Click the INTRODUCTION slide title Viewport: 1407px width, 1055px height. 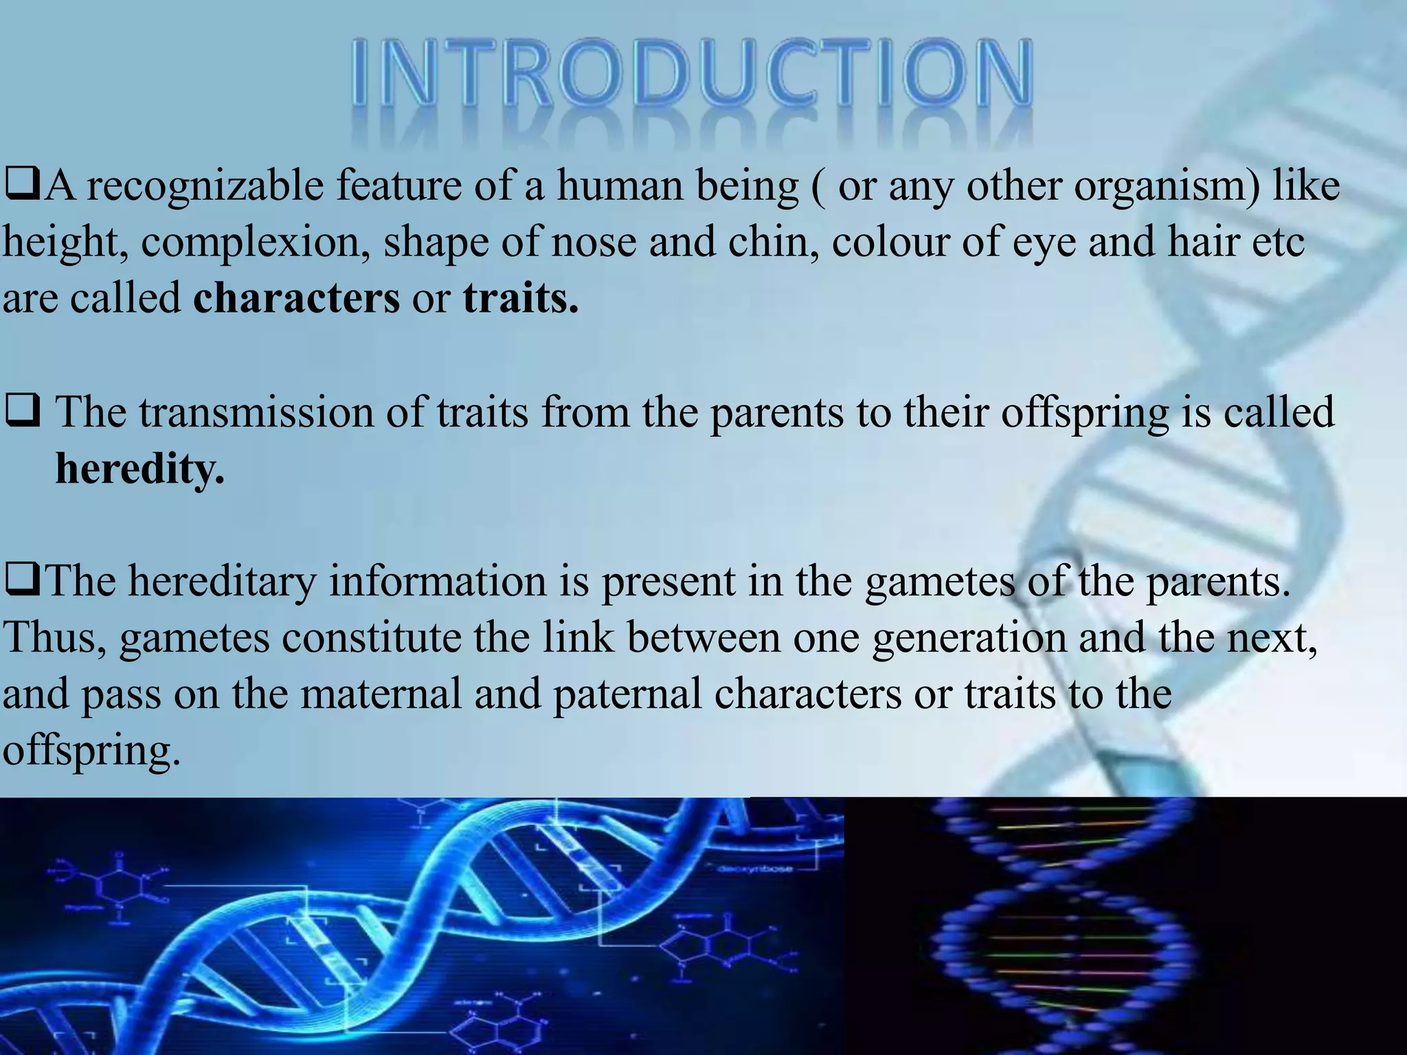tap(693, 74)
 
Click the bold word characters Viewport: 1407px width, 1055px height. tap(296, 299)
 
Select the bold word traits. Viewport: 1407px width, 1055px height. tap(520, 299)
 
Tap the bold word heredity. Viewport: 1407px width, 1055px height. tap(139, 469)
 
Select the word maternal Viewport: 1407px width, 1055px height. tap(381, 694)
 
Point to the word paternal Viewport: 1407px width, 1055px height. tap(627, 694)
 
